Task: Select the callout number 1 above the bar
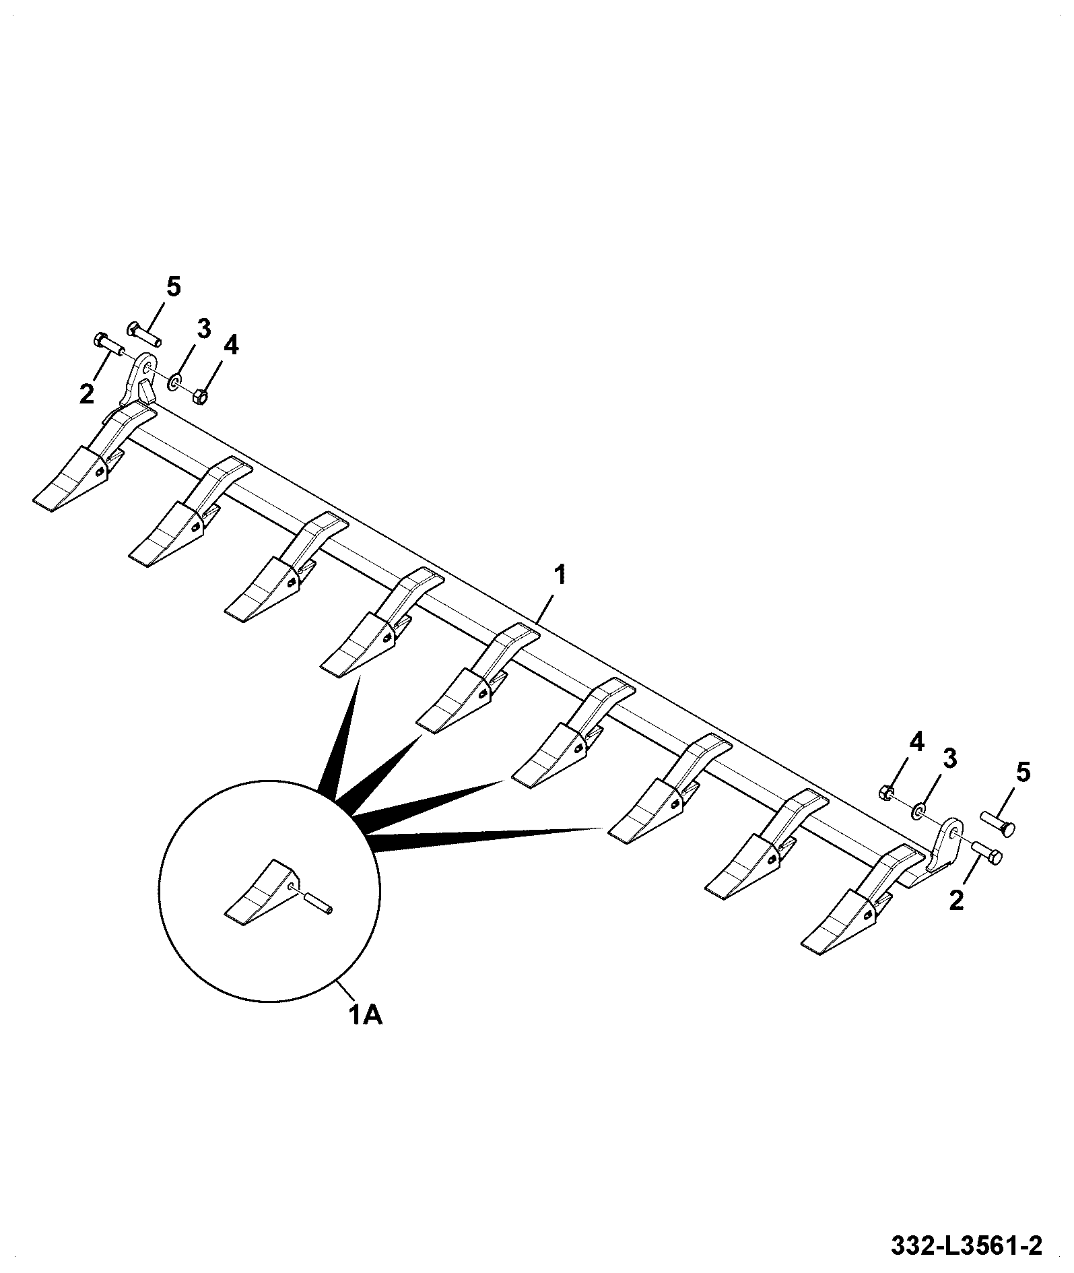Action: click(560, 576)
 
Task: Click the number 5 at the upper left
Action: click(173, 288)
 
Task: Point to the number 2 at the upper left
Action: click(86, 394)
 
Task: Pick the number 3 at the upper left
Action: click(203, 329)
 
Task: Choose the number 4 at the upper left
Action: click(230, 346)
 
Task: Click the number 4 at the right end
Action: click(916, 743)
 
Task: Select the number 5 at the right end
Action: click(1022, 773)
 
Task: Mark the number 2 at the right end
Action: click(956, 900)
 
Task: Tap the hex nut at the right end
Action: click(887, 793)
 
